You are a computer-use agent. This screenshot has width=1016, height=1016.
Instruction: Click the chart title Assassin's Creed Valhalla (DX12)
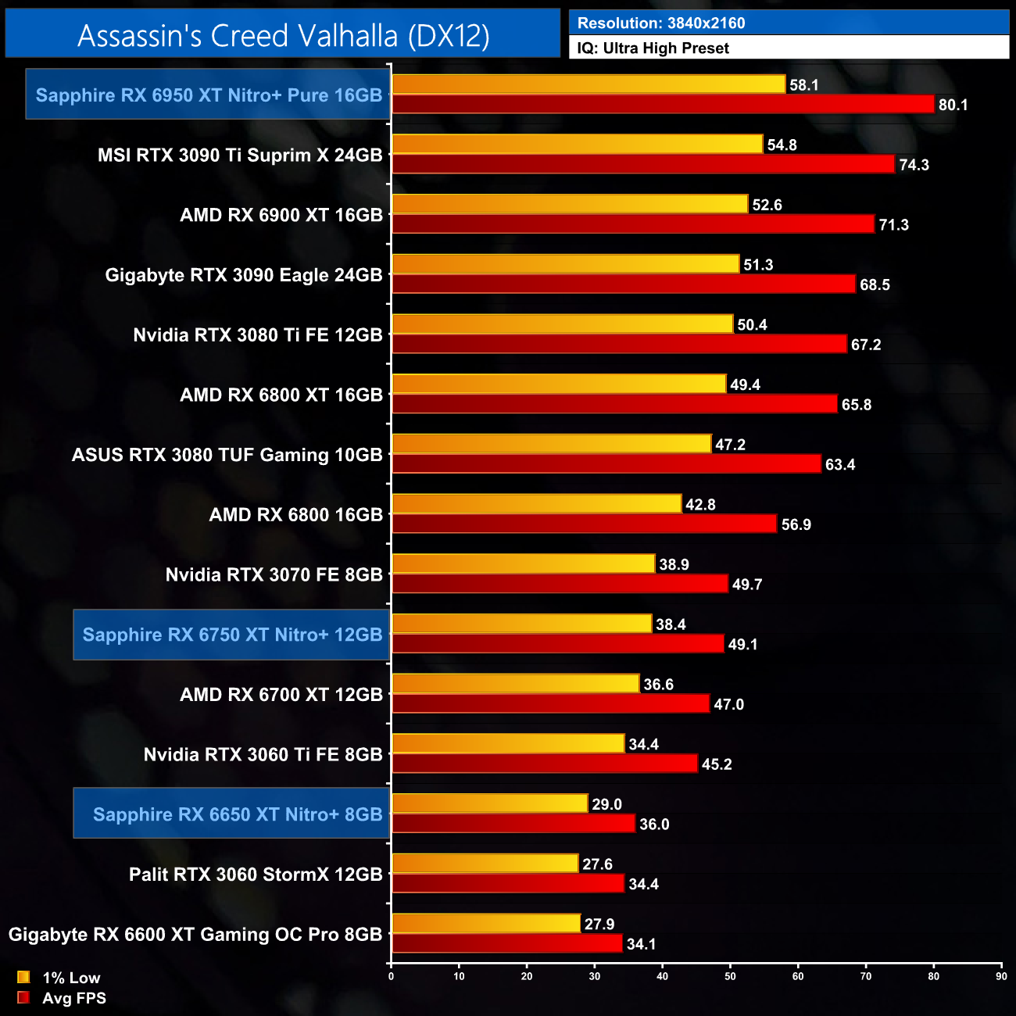click(x=283, y=35)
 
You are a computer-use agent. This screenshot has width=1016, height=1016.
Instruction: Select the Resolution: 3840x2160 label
click(x=660, y=23)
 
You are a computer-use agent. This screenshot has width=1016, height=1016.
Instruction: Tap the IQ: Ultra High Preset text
click(x=653, y=48)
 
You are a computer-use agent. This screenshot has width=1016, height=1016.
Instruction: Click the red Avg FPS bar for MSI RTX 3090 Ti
click(x=642, y=164)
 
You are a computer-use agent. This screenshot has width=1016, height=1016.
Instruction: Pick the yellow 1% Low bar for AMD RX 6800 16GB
click(x=536, y=504)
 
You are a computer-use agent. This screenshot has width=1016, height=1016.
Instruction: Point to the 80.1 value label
click(x=953, y=105)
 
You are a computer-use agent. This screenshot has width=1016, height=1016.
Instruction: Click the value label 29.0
click(x=606, y=804)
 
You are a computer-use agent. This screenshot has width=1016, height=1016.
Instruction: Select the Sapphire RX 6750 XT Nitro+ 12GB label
click(x=232, y=635)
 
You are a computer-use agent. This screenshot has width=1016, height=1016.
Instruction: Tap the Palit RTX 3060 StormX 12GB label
click(x=256, y=875)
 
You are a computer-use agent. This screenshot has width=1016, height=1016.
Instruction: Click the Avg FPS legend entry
click(x=62, y=998)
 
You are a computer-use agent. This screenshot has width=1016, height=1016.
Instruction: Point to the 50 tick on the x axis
click(x=730, y=976)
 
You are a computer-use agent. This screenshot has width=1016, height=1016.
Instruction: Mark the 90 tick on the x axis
click(x=1001, y=976)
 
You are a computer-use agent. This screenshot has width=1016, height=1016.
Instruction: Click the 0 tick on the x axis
click(x=392, y=976)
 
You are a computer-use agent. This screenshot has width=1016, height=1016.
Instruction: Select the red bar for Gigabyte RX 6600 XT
click(x=506, y=943)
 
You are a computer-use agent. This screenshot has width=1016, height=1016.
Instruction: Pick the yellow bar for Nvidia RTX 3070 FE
click(x=523, y=563)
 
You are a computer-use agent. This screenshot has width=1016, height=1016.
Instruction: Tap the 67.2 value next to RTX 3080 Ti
click(x=865, y=345)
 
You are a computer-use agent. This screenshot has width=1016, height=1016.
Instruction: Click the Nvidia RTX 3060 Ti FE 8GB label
click(x=263, y=755)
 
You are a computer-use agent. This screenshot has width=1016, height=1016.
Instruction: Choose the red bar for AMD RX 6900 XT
click(x=632, y=224)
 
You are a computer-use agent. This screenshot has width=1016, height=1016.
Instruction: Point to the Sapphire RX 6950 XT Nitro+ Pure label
click(x=209, y=95)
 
